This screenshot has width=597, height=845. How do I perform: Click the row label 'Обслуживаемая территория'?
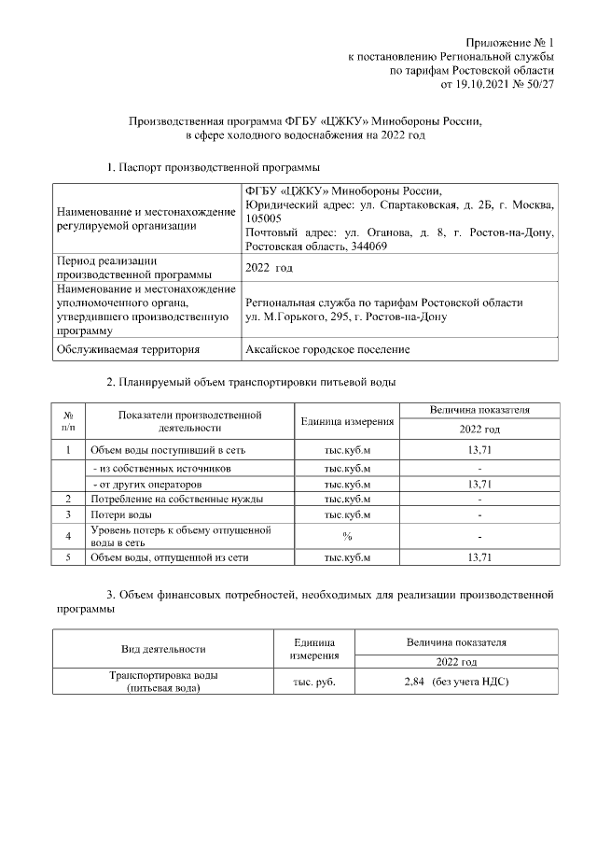128,349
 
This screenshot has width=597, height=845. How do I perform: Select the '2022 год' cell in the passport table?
269,268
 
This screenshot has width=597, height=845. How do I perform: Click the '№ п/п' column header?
68,420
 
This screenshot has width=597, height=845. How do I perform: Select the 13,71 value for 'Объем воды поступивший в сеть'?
479,450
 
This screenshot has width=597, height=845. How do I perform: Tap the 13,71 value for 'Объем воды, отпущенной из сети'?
479,557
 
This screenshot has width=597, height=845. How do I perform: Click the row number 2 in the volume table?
68,499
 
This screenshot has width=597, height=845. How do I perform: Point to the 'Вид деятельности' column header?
163,649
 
